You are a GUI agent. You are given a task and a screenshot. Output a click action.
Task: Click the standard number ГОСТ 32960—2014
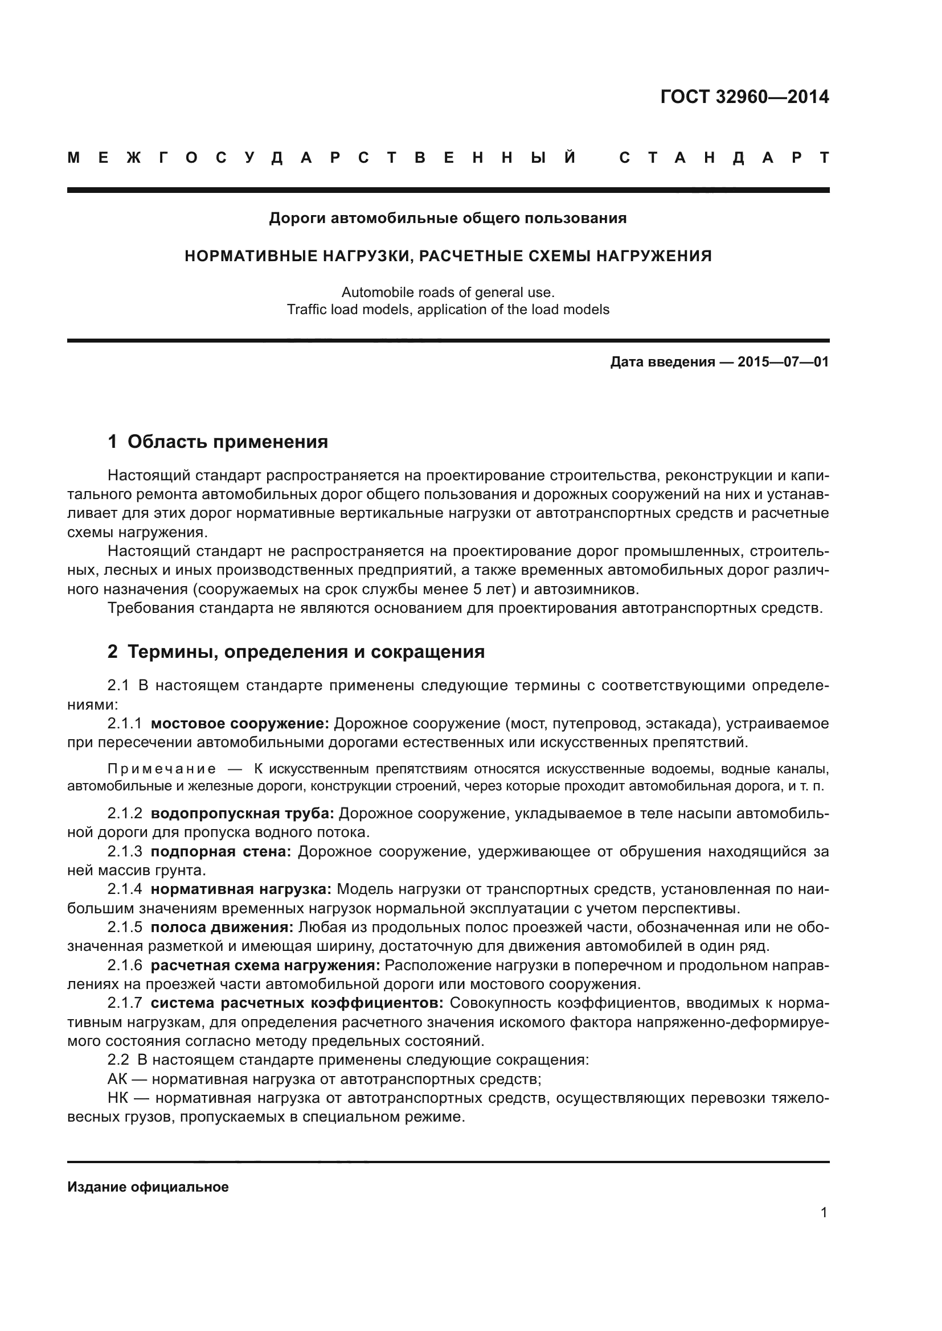(x=744, y=97)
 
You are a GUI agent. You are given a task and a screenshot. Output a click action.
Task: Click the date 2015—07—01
(x=783, y=362)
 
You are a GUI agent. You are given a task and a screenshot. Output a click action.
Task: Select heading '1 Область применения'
(x=218, y=442)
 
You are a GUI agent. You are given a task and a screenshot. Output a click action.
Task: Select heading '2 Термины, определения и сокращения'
(x=296, y=652)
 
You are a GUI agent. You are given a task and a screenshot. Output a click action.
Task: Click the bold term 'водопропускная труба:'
(x=242, y=813)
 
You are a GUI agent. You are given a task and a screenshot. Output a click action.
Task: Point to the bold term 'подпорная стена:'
(x=220, y=852)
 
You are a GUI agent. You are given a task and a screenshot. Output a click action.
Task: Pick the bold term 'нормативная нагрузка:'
(x=241, y=889)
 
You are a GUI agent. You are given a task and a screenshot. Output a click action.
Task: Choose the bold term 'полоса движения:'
(x=222, y=928)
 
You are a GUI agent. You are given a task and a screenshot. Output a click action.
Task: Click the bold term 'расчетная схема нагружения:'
(x=265, y=965)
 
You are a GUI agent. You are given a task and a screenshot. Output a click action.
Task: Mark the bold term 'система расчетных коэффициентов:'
(x=297, y=1003)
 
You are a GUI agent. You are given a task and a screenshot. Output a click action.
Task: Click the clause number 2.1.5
(x=125, y=928)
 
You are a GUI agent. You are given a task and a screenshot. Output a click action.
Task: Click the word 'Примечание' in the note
(x=162, y=769)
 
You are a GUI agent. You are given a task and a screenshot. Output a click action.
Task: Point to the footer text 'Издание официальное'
(x=148, y=1186)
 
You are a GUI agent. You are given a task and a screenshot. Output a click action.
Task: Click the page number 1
(x=824, y=1229)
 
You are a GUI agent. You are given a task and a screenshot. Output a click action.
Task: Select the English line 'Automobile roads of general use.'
(x=448, y=292)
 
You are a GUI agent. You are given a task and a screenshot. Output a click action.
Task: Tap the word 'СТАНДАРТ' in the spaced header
(x=724, y=158)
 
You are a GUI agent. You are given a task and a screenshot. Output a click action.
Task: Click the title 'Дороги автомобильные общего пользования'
(x=448, y=219)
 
